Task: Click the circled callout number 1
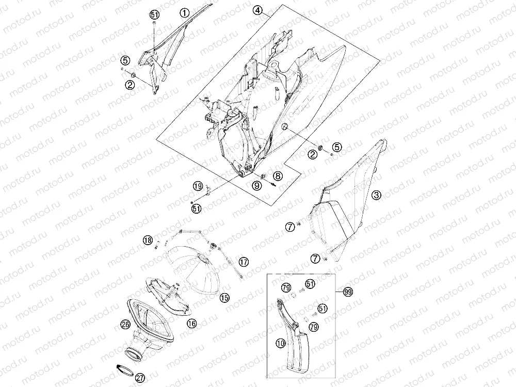point(185,13)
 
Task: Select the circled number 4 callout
point(257,11)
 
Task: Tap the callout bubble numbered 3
point(377,195)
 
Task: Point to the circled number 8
point(278,176)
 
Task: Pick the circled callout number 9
point(256,186)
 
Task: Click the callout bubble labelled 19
point(198,187)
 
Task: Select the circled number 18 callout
point(148,240)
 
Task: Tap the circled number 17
point(244,262)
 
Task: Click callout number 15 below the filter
point(224,298)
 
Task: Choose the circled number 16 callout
point(191,324)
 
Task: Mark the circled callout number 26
point(126,325)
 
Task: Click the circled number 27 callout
point(140,378)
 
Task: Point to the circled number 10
point(281,344)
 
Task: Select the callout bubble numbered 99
point(348,292)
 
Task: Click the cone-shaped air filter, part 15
point(194,270)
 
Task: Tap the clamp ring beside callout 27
point(125,370)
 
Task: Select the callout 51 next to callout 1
point(154,15)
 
